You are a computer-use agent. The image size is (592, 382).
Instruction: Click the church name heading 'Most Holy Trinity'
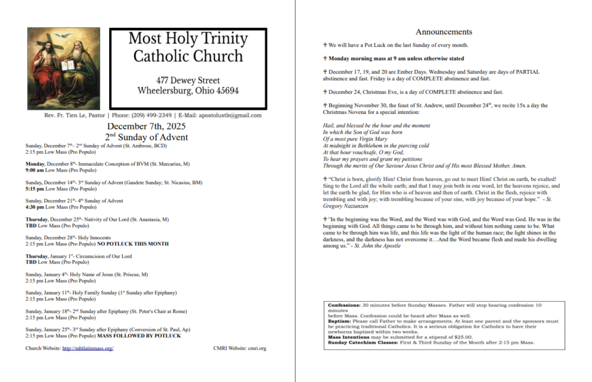coord(188,39)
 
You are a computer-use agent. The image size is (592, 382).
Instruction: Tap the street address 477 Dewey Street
coord(188,80)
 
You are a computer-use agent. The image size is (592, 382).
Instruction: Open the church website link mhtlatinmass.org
coord(87,348)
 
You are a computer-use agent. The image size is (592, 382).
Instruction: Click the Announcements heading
coord(443,32)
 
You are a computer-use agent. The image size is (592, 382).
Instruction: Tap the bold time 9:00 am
coord(35,170)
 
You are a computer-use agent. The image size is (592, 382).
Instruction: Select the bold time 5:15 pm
coord(35,188)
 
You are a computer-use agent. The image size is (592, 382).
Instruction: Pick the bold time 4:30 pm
coord(35,207)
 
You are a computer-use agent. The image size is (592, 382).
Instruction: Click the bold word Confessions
coord(343,305)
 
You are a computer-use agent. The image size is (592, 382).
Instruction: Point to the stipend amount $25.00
coord(461,337)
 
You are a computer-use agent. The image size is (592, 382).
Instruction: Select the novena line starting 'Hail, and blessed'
coord(376,125)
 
